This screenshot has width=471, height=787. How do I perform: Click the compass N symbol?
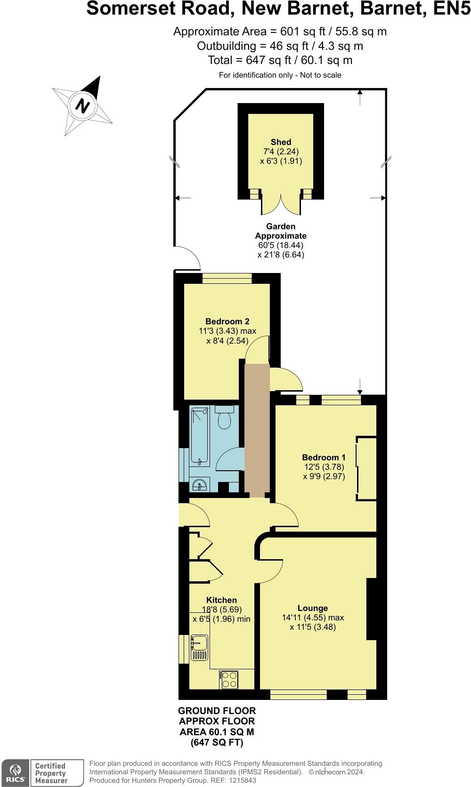click(x=82, y=105)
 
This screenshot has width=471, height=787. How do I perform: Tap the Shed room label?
click(x=281, y=142)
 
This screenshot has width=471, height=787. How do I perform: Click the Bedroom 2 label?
click(x=227, y=321)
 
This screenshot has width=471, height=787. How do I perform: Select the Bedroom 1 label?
click(x=324, y=458)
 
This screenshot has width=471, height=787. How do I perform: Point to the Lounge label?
click(x=312, y=608)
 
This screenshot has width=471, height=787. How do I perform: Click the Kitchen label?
click(x=221, y=600)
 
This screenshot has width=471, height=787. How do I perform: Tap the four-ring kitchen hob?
click(x=229, y=679)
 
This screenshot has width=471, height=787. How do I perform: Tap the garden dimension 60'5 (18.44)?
click(x=281, y=245)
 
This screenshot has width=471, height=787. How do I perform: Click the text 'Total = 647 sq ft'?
click(x=280, y=60)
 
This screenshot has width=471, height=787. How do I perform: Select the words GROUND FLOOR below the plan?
click(x=217, y=711)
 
